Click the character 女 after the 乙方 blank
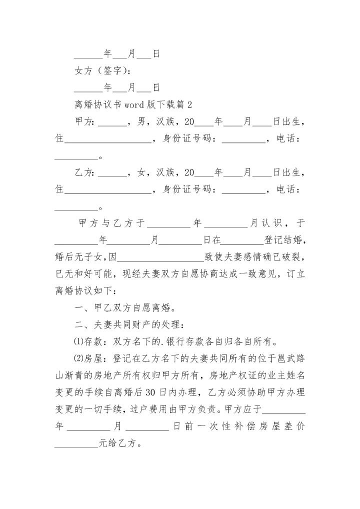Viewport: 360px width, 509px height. click(x=142, y=172)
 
